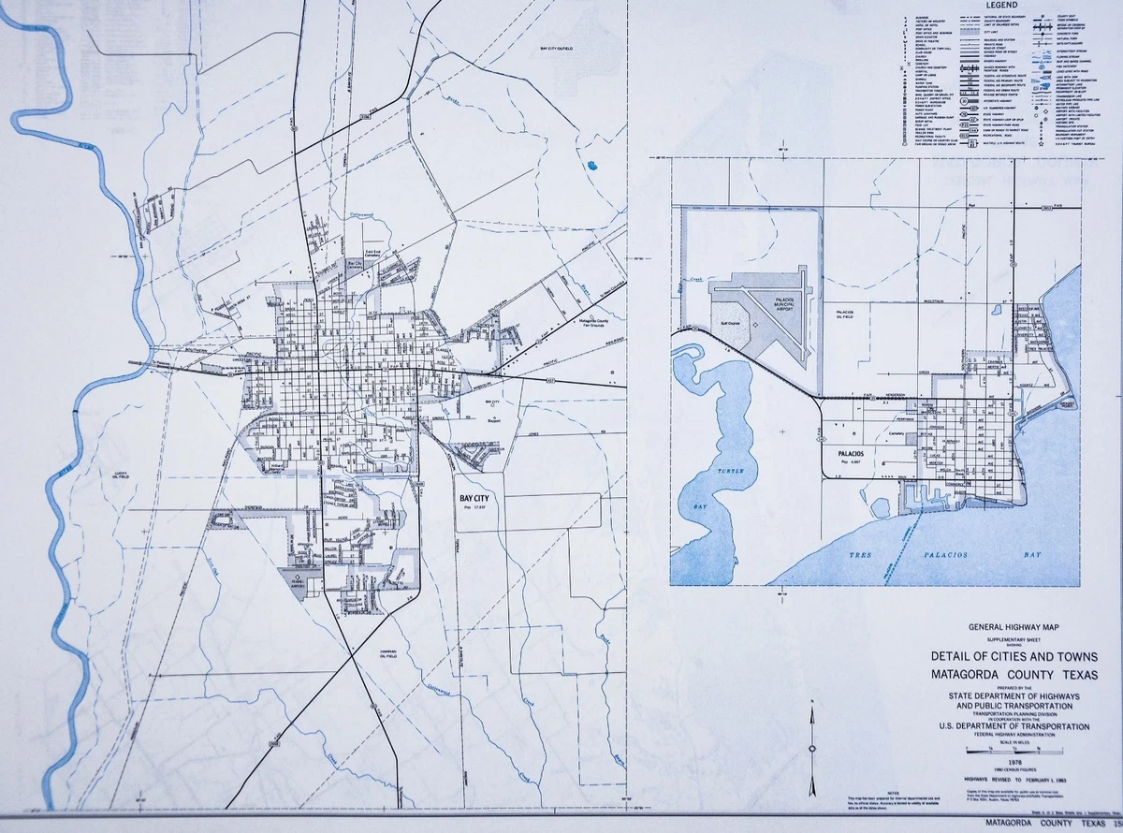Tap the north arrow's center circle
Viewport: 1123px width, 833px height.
(811, 749)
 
